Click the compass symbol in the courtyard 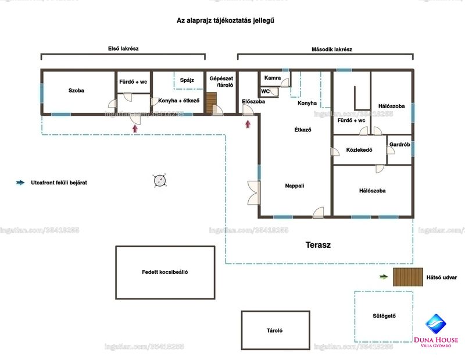(x=159, y=180)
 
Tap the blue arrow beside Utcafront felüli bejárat (x=20, y=183)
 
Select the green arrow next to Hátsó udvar (x=384, y=277)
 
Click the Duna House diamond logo (x=435, y=324)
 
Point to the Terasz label (x=318, y=245)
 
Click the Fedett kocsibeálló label (x=165, y=272)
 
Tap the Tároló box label (x=274, y=330)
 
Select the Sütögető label (x=384, y=316)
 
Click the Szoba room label (x=76, y=91)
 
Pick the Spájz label (x=187, y=80)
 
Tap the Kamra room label (x=272, y=78)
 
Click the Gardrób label (x=399, y=145)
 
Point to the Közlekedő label (x=359, y=150)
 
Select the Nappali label (x=295, y=186)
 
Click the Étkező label (x=303, y=130)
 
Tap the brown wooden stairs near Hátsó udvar (x=408, y=277)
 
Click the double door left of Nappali (x=254, y=193)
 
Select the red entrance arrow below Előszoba (x=248, y=124)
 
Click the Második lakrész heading (x=332, y=49)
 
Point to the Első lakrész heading (x=123, y=48)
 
